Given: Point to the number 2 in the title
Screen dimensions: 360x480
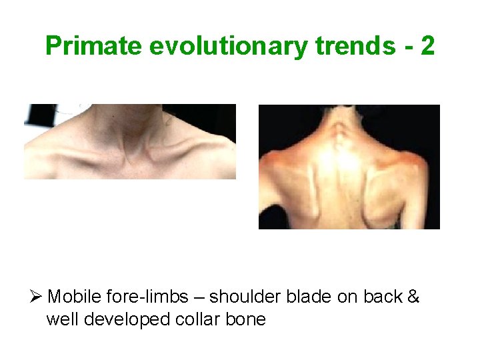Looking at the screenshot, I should (x=427, y=47).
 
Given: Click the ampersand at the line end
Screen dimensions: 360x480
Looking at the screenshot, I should (x=412, y=297).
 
